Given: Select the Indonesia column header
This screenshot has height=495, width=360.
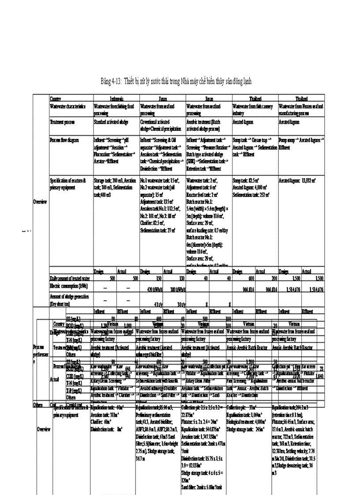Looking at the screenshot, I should [x=116, y=99].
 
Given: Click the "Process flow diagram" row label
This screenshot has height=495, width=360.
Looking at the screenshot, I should [x=64, y=140].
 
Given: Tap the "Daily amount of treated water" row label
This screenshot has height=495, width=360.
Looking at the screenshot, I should [x=70, y=279].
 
